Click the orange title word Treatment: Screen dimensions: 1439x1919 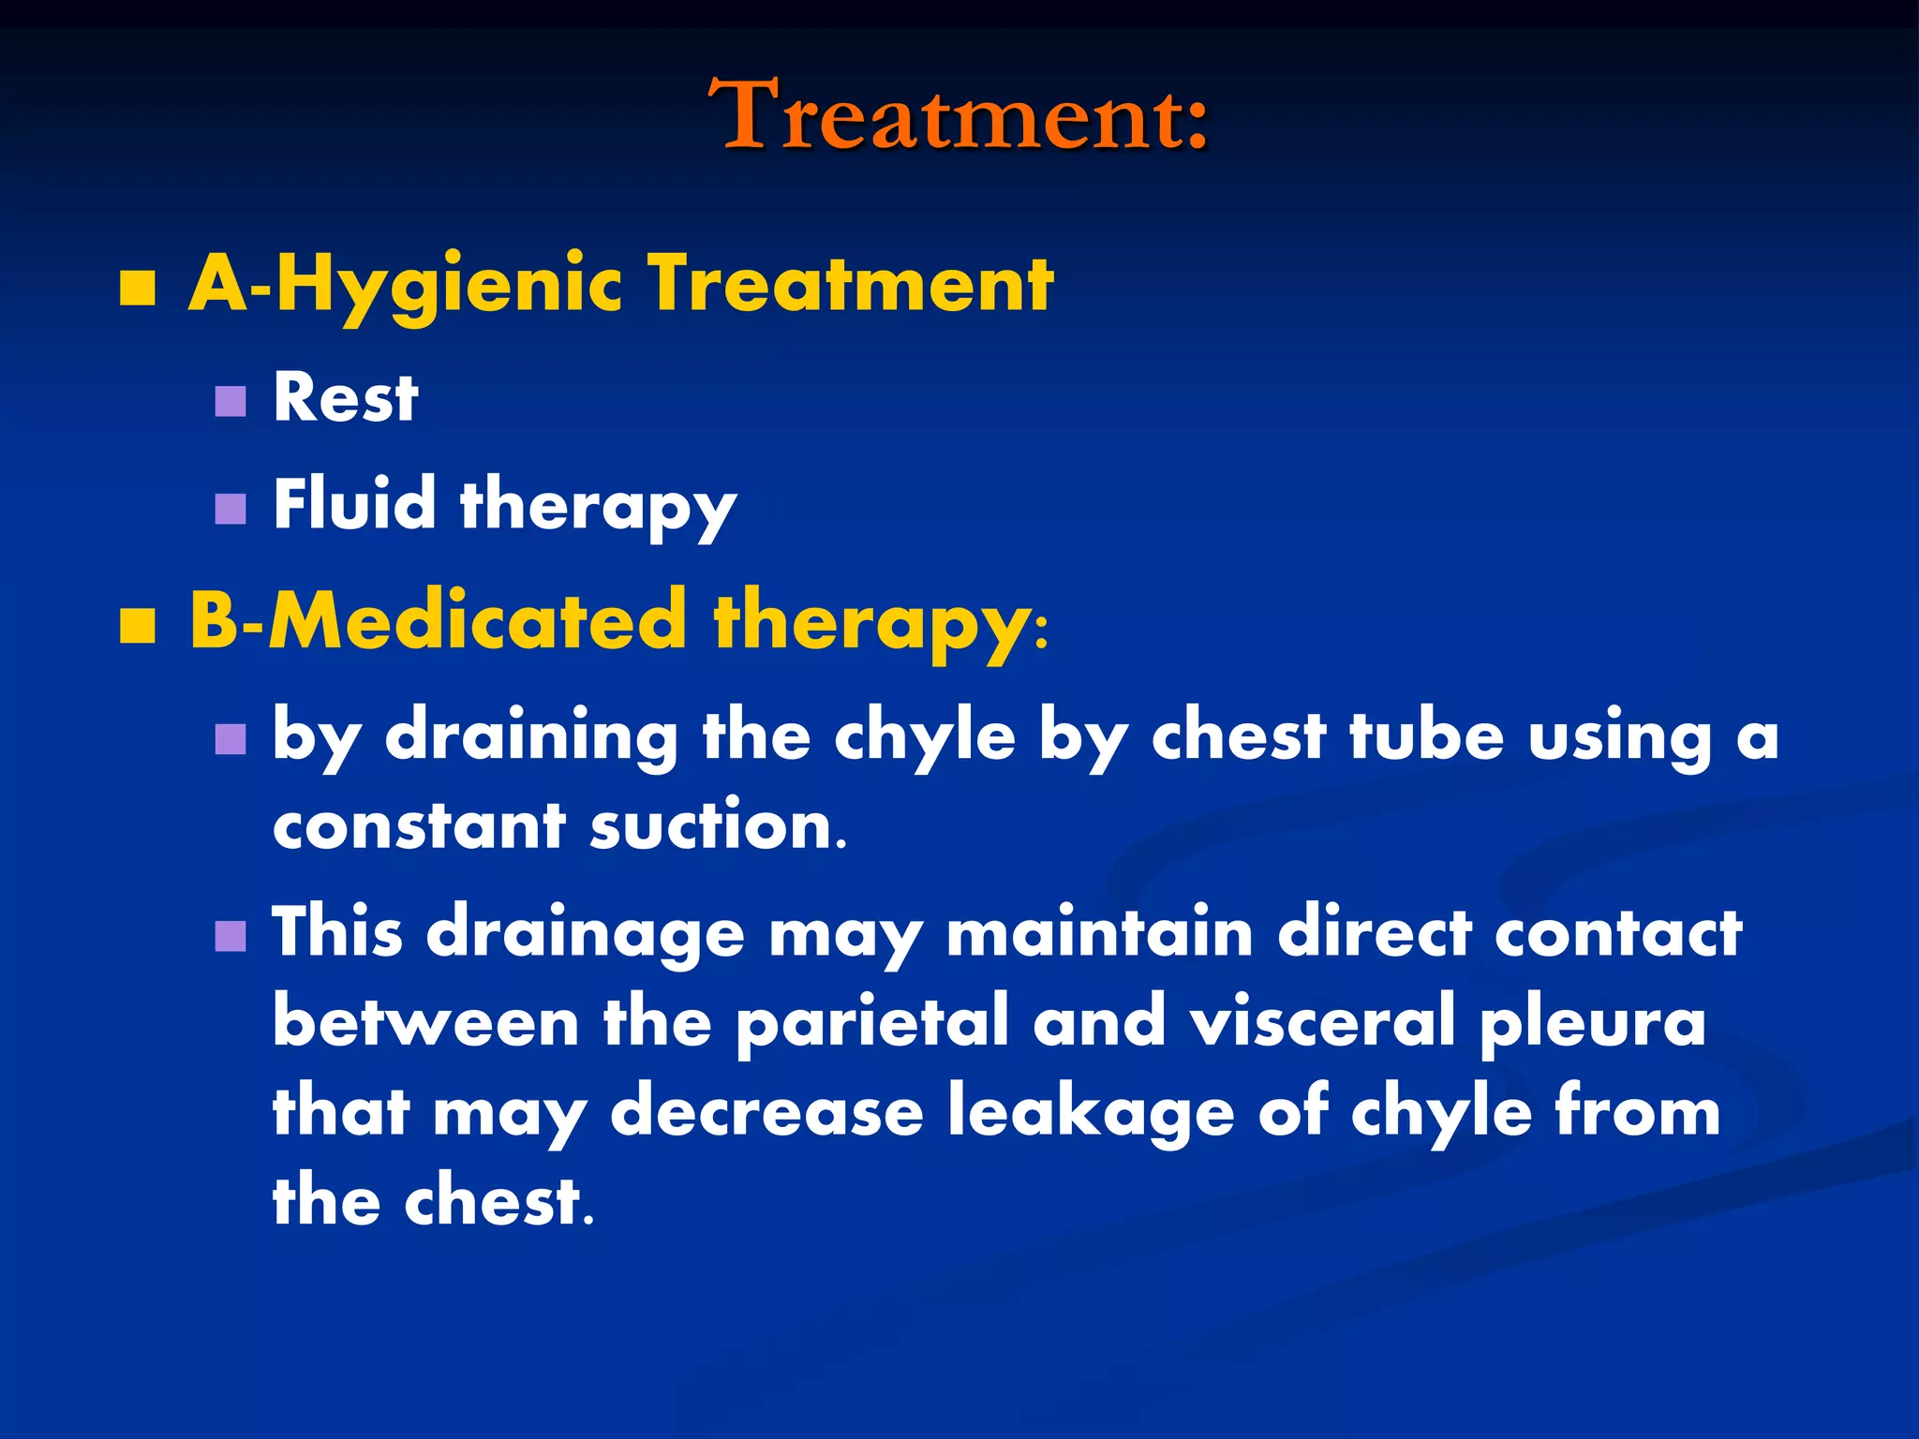coord(959,116)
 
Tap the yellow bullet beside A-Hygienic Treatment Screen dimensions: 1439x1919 coord(138,289)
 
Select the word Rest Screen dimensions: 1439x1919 coord(345,397)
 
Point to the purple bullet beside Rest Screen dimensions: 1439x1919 coord(230,402)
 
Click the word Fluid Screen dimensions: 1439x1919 coord(354,503)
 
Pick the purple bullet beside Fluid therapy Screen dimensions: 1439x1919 coord(230,509)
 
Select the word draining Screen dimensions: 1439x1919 coord(531,736)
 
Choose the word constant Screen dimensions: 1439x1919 coord(419,826)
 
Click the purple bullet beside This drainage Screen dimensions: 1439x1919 coord(230,935)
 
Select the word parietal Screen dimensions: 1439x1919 coord(872,1023)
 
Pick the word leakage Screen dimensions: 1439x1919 coord(1091,1112)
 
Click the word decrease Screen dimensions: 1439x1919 coord(766,1112)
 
